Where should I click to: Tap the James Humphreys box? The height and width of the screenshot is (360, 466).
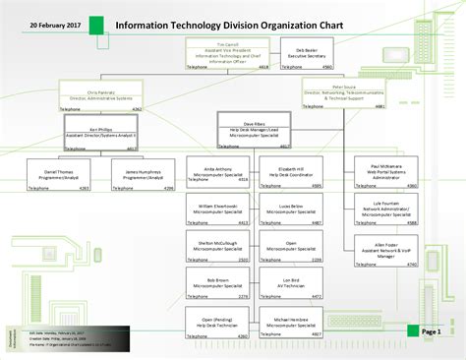pos(144,174)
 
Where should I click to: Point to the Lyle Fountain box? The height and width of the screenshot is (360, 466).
pos(388,211)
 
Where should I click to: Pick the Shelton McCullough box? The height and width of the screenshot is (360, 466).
pos(217,249)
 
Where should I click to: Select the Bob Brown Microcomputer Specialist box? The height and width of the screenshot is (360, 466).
pos(217,285)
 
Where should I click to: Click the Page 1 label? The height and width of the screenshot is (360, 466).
pos(432,332)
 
